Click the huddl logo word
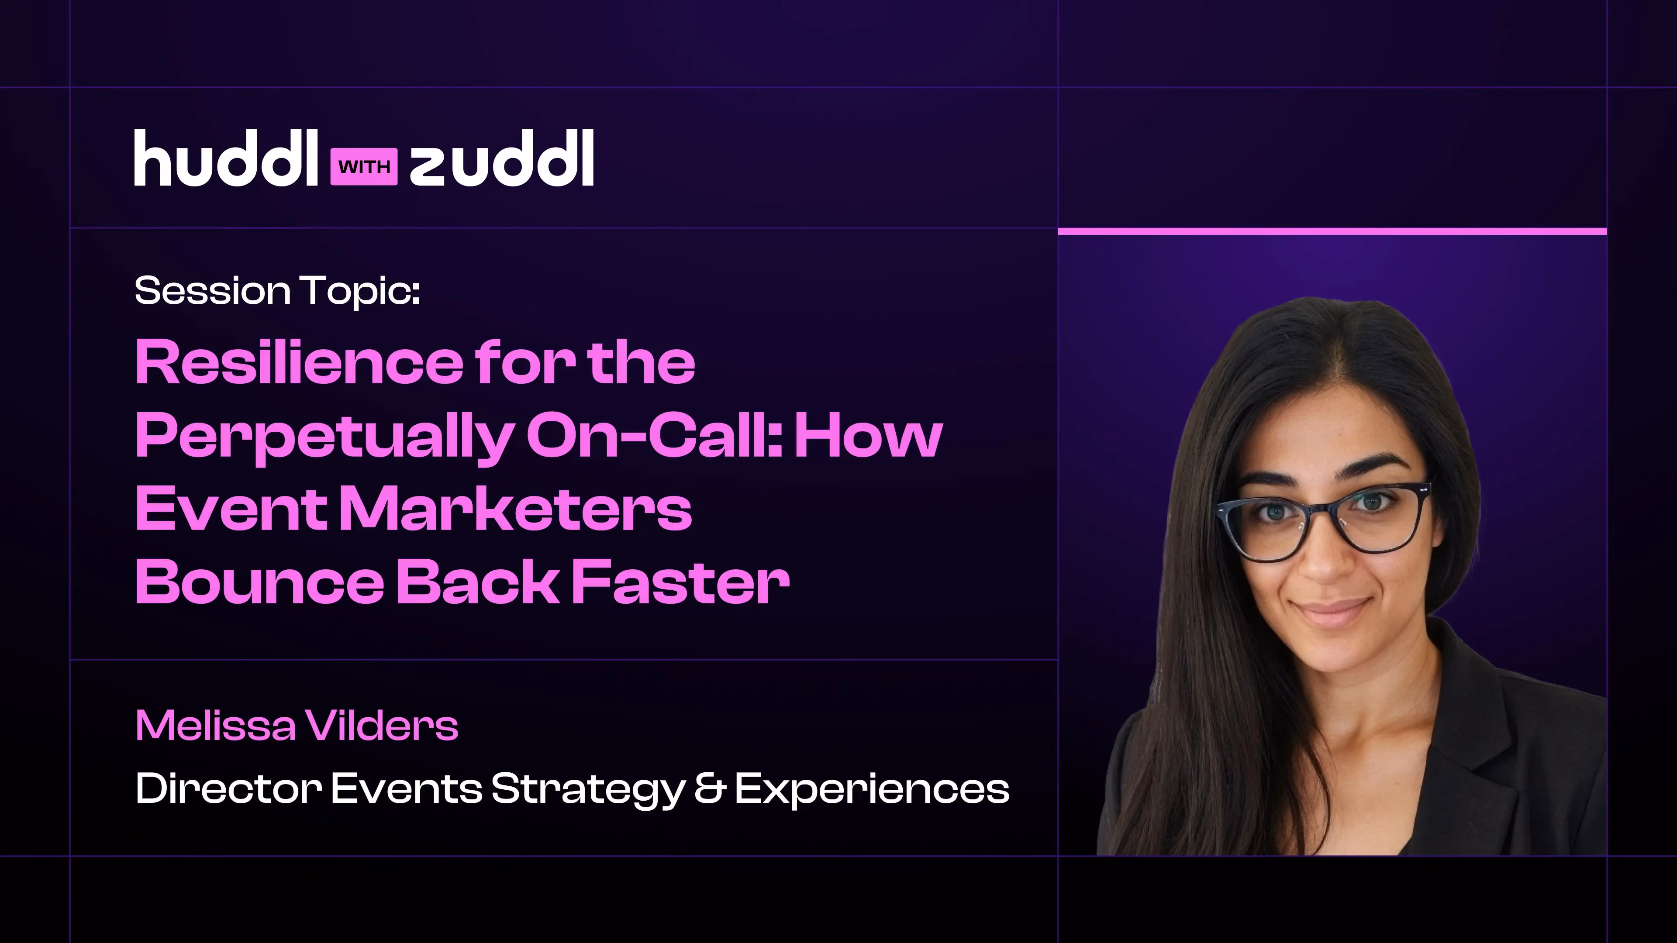[226, 158]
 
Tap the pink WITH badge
[364, 167]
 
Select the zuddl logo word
[502, 158]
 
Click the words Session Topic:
[277, 291]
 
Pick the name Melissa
[215, 726]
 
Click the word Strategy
[588, 789]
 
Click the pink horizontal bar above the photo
[1332, 231]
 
